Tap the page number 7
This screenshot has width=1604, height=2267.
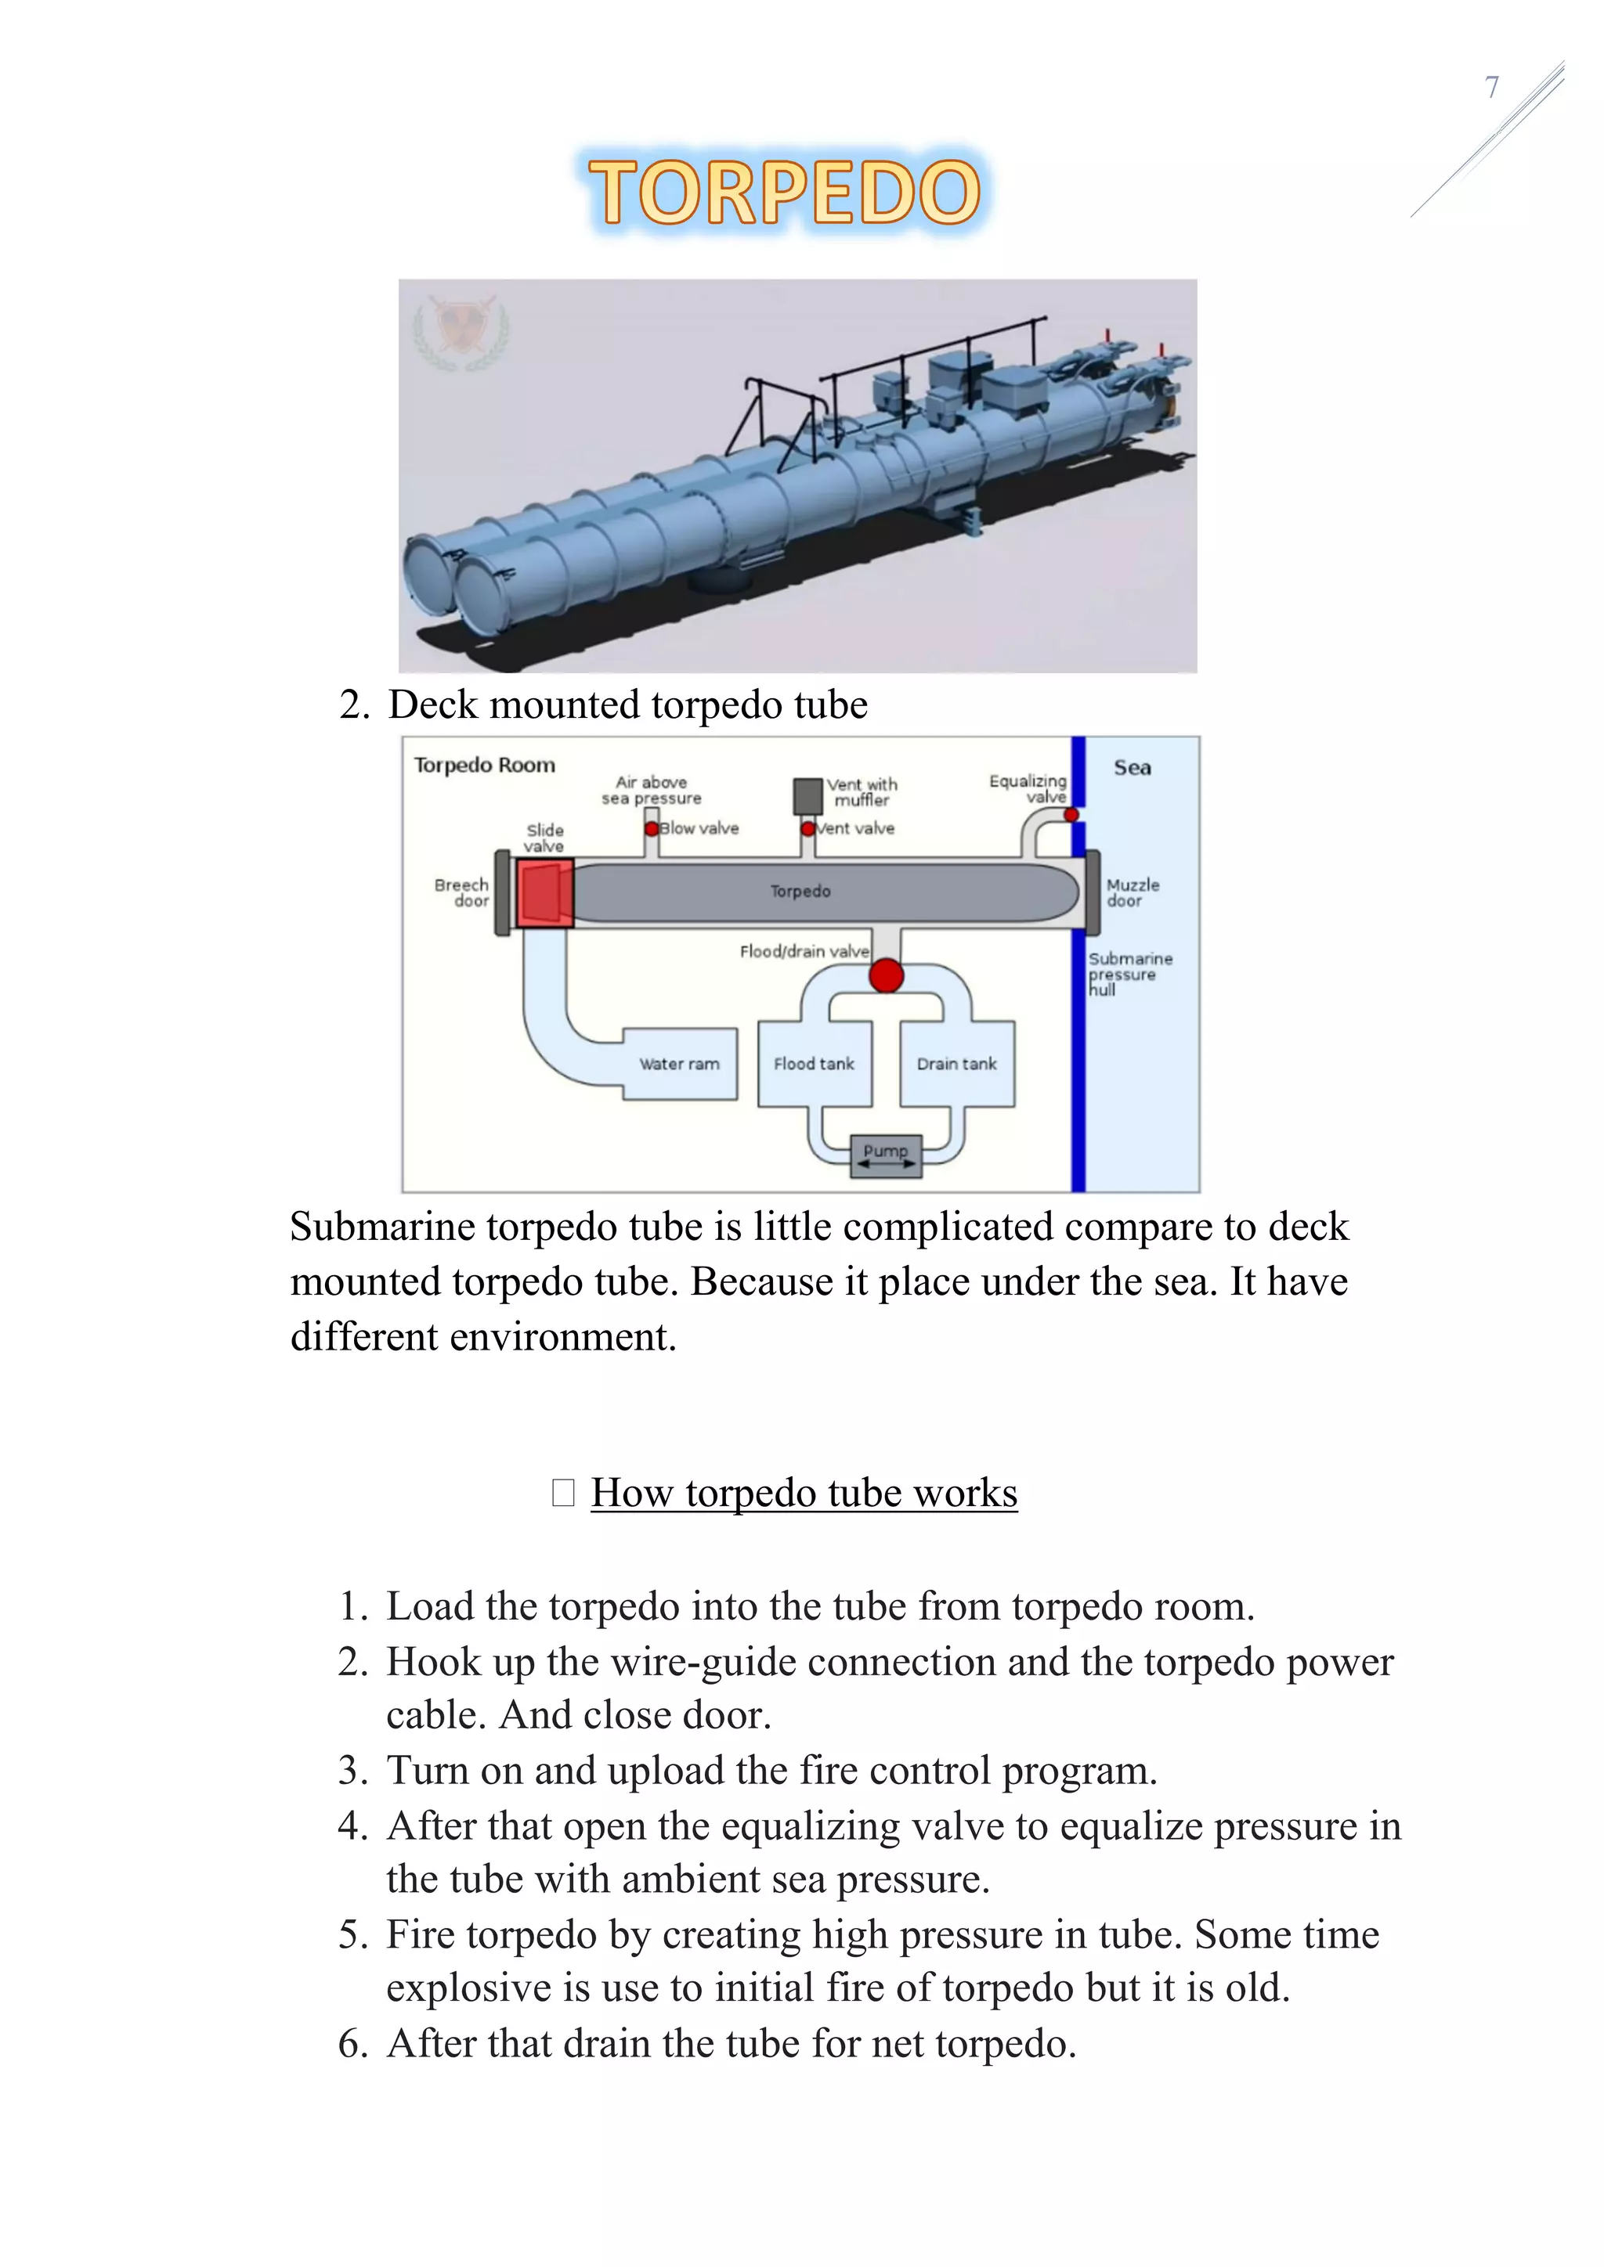coord(1491,88)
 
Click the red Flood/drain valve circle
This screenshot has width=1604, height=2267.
coord(886,975)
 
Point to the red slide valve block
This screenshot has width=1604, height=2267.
coord(544,892)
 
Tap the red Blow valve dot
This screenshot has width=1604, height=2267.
coord(652,828)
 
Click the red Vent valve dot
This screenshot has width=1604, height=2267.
coord(808,828)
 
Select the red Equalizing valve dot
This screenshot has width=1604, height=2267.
coord(1071,815)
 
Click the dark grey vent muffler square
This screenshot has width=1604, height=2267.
coord(808,795)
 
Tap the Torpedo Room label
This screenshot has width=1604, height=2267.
coord(484,766)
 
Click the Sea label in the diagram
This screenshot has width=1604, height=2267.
coord(1132,767)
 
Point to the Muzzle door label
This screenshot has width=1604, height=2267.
coord(1132,892)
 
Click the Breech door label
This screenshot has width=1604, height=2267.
coord(461,892)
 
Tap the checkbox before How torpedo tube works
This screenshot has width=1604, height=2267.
coord(563,1492)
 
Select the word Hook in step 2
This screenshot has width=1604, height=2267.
coord(432,1663)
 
